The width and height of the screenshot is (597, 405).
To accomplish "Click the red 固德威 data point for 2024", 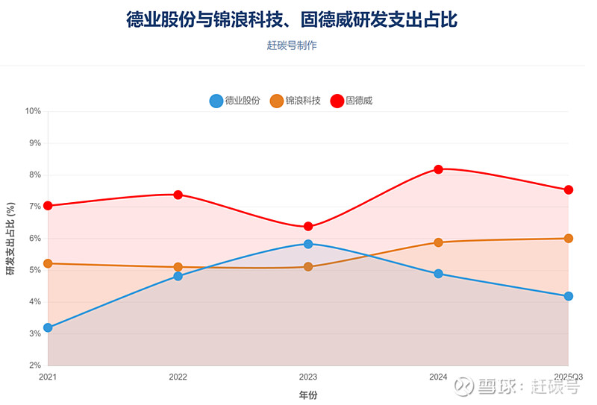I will pyautogui.click(x=438, y=169).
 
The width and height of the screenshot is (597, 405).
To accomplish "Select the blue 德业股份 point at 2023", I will pyautogui.click(x=308, y=244).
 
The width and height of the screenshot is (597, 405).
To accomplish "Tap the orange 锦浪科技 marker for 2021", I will pyautogui.click(x=48, y=263).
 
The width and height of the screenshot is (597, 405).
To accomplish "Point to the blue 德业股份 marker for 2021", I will pyautogui.click(x=48, y=327).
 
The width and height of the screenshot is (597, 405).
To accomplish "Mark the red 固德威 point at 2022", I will pyautogui.click(x=178, y=195).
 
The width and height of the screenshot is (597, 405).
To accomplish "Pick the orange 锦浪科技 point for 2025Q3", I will pyautogui.click(x=569, y=239).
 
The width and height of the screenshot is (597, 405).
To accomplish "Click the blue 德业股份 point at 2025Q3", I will pyautogui.click(x=569, y=296).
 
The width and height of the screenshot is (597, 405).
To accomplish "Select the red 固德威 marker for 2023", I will pyautogui.click(x=308, y=227).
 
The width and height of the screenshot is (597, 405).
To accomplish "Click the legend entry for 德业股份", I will pyautogui.click(x=235, y=101).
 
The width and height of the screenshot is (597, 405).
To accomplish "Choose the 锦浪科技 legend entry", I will pyautogui.click(x=296, y=101).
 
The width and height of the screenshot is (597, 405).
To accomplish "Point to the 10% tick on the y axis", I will pyautogui.click(x=33, y=111).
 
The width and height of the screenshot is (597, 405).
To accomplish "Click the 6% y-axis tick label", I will pyautogui.click(x=34, y=239).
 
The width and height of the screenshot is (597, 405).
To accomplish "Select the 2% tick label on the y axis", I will pyautogui.click(x=34, y=365).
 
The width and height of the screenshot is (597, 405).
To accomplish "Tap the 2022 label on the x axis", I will pyautogui.click(x=178, y=378).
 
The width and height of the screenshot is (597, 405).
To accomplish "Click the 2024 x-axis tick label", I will pyautogui.click(x=438, y=378).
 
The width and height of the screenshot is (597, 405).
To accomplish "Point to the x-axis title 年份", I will pyautogui.click(x=308, y=395).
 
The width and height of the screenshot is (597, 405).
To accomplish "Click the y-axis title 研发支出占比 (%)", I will pyautogui.click(x=10, y=239).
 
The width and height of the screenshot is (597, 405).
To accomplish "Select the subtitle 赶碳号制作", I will pyautogui.click(x=292, y=45).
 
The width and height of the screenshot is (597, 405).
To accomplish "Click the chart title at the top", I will pyautogui.click(x=292, y=19).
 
